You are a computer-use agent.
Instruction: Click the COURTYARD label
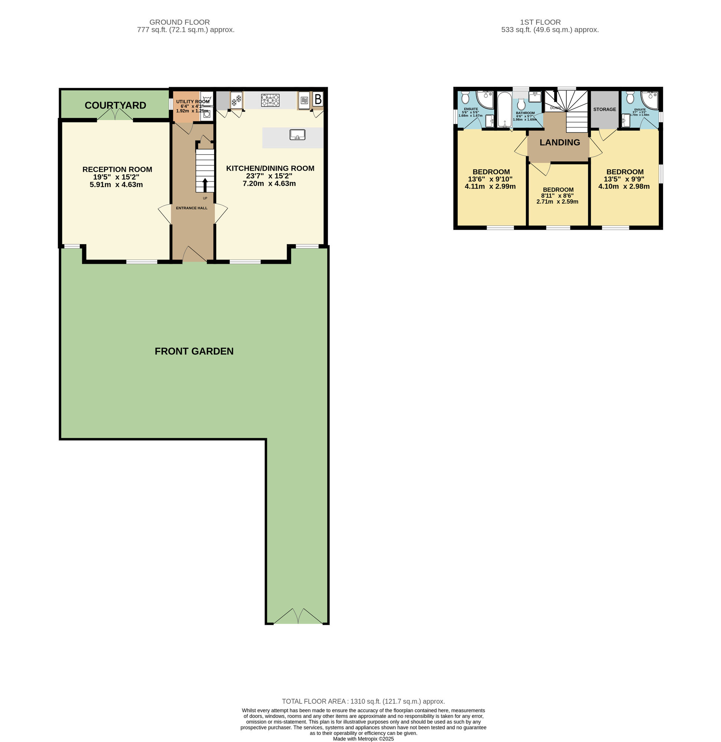pos(115,105)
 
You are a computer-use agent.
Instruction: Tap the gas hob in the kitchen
pos(270,101)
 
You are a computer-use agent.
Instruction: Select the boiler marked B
pos(318,99)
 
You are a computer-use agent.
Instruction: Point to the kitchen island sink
pos(297,134)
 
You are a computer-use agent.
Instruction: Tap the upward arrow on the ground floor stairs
pos(205,185)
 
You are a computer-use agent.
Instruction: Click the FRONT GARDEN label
pos(194,351)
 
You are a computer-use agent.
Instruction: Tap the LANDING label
pos(560,142)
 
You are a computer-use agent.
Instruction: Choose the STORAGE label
pos(605,109)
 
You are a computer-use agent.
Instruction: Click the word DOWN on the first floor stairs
pos(555,108)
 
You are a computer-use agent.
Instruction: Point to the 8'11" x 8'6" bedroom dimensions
pos(558,196)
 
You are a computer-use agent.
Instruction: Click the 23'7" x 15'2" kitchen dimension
pos(269,176)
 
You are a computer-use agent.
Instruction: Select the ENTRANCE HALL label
pos(192,208)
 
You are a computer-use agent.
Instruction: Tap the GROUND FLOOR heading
pos(180,22)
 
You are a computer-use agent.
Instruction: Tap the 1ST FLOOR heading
pos(540,22)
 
